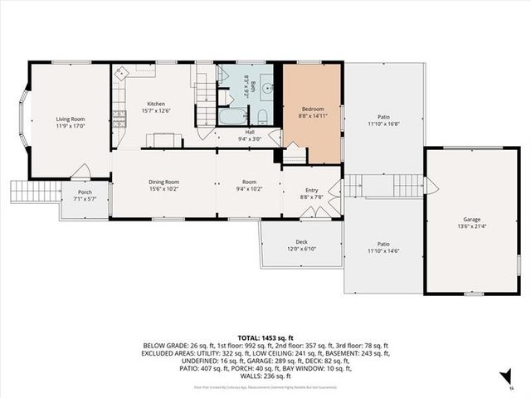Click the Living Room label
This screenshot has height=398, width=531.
71,119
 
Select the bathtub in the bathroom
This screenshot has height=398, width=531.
230,116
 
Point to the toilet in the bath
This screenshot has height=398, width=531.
261,115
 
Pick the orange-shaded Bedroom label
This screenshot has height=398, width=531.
312,109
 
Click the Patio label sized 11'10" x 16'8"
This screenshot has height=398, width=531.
383,117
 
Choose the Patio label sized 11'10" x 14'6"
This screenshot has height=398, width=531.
383,244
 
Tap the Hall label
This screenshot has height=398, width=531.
250,132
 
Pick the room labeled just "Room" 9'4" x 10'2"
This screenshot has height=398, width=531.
250,182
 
